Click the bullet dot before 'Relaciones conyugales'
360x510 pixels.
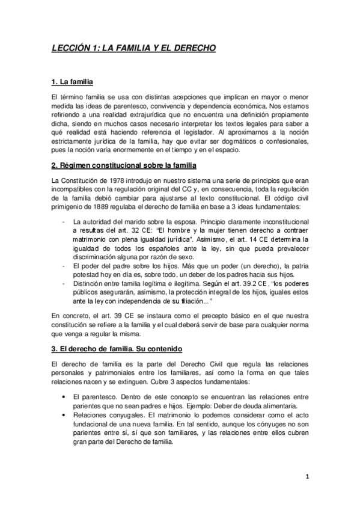[x=64, y=415]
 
